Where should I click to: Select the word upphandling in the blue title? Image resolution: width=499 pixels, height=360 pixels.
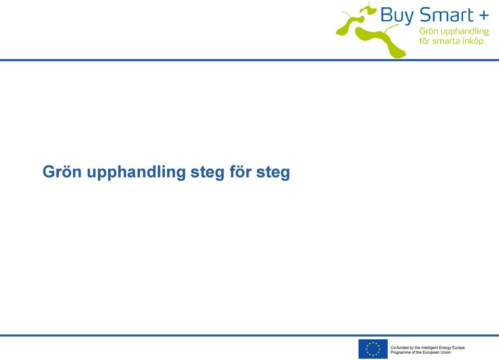pos(136,172)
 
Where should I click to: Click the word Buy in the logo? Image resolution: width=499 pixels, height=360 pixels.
pos(398,16)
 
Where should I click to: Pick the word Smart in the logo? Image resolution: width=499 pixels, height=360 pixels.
pos(447,15)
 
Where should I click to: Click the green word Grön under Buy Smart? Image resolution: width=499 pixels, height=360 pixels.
pos(429,31)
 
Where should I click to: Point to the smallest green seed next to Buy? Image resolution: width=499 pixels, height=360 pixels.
pos(369,9)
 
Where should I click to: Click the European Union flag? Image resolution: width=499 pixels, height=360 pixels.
pos(373,349)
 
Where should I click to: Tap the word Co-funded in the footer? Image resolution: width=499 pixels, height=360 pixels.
pos(399,348)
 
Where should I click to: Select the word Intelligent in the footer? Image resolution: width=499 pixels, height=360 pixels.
pos(430,348)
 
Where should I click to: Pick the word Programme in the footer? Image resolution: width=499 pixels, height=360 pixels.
pos(400,352)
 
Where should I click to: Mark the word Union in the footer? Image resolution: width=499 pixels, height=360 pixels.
pos(445,352)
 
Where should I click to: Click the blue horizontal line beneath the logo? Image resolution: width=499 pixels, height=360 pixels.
pos(249,60)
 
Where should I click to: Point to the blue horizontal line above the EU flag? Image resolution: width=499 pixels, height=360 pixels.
pos(249,336)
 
